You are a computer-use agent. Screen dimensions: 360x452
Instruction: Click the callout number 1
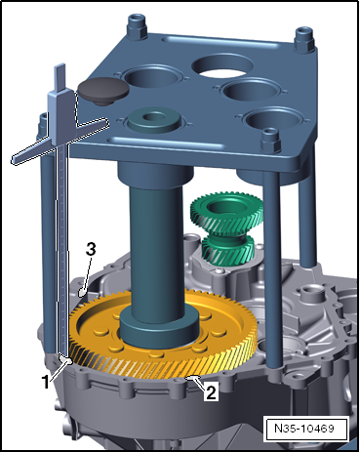pos(46,381)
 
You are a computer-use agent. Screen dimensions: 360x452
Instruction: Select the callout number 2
pos(211,392)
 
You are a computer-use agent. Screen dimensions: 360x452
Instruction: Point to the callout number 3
pos(91,250)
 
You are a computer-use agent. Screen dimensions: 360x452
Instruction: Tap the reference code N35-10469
pos(304,428)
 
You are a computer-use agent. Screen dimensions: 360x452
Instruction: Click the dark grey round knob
pos(103,91)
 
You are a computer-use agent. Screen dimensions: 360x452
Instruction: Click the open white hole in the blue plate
pos(222,66)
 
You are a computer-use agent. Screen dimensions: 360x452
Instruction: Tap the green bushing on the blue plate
pos(154,120)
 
